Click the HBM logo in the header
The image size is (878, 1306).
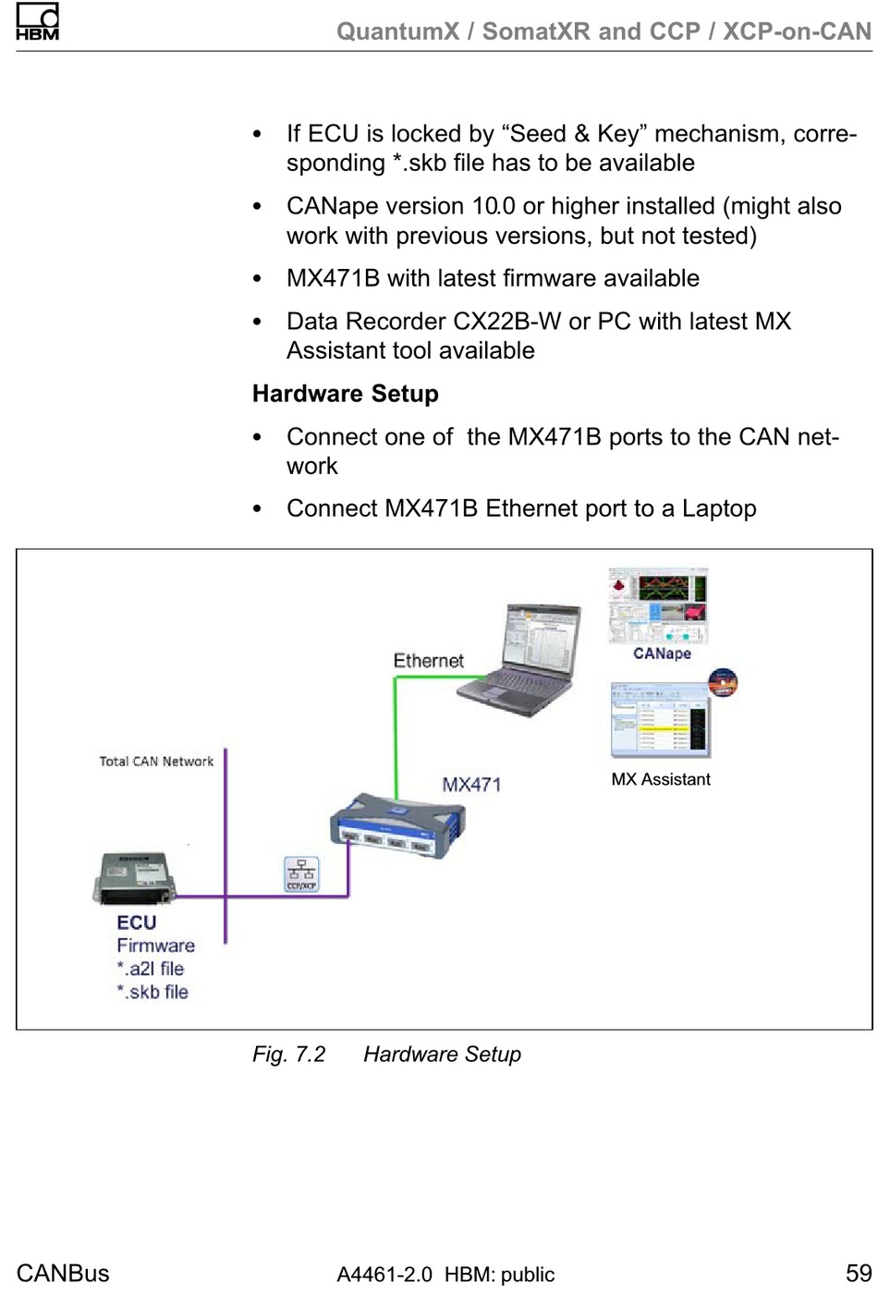[37, 22]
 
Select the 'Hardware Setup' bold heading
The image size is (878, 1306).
[345, 394]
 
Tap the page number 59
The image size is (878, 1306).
[859, 1273]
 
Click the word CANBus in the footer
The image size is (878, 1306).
[63, 1274]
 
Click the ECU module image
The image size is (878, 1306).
[133, 877]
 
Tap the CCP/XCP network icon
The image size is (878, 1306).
[301, 873]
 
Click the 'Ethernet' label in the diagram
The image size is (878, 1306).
[428, 661]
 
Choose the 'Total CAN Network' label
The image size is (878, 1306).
[156, 762]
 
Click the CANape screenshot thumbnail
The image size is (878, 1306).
[658, 606]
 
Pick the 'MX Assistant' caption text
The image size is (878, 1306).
[661, 779]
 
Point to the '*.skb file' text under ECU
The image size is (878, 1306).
[152, 992]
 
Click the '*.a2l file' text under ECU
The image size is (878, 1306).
[151, 969]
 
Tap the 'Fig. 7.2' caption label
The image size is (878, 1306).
[288, 1055]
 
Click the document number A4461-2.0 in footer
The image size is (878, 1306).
[384, 1275]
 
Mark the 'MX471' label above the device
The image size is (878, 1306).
[471, 785]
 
